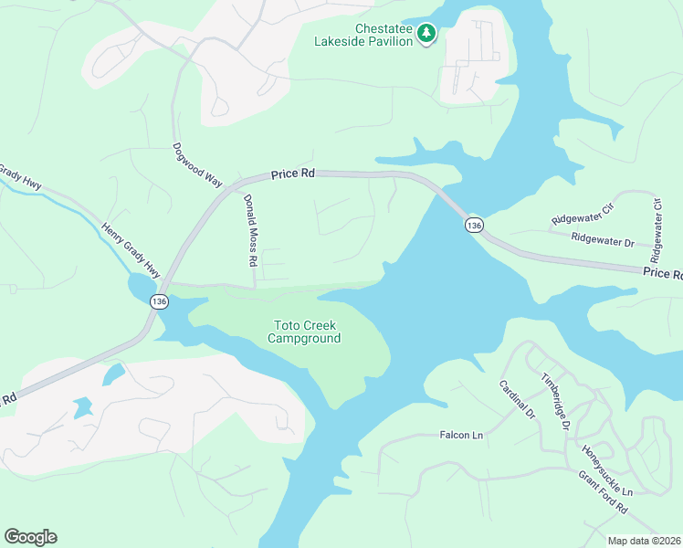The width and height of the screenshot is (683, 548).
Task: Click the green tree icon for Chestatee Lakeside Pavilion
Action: coord(426,34)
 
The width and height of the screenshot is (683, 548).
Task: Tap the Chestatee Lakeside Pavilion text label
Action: coord(363,35)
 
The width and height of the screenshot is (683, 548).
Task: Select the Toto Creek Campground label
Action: coord(304,332)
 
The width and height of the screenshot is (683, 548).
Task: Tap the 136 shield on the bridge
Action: coord(473,225)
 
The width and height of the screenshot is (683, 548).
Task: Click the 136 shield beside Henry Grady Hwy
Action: coord(160,301)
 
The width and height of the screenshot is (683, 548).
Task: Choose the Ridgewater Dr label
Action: coord(603,240)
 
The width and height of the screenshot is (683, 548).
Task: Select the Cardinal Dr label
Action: coord(516,400)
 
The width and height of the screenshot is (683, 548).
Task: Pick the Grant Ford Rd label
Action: coord(604,492)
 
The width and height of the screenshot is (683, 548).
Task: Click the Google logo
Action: coord(30,537)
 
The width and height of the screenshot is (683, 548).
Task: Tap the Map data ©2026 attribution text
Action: coord(644,541)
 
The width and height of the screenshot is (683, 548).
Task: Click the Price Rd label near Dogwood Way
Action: coord(292,174)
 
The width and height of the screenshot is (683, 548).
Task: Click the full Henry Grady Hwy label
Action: coord(130,251)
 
